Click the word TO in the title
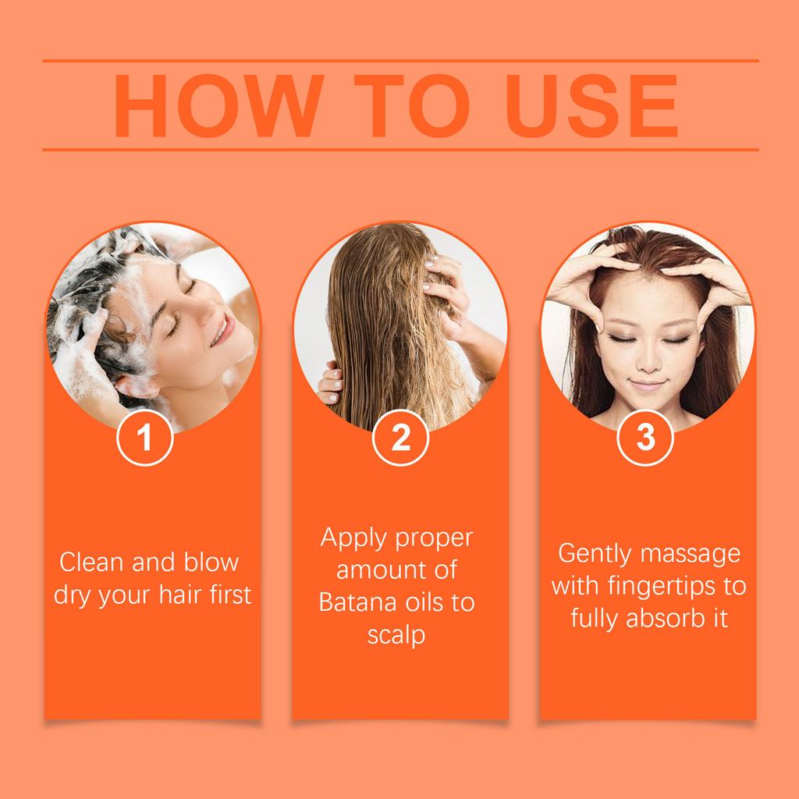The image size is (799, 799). pyautogui.click(x=414, y=107)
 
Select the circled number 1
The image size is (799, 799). pyautogui.click(x=144, y=439)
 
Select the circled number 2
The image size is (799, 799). pyautogui.click(x=400, y=439)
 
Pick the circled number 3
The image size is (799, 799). pyautogui.click(x=645, y=439)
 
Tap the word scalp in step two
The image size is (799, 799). pyautogui.click(x=396, y=635)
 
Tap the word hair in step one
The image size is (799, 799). pyautogui.click(x=186, y=595)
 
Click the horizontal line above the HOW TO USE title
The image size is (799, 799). pyautogui.click(x=399, y=60)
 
